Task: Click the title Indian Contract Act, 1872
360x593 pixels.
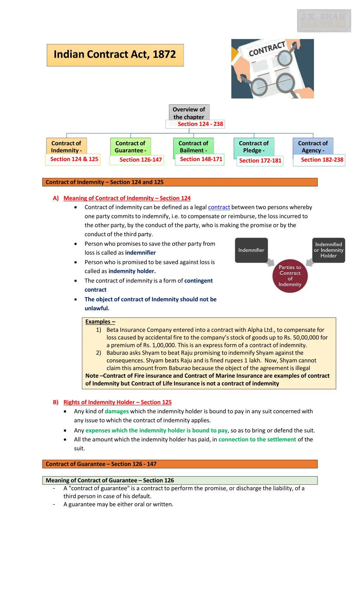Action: (115, 55)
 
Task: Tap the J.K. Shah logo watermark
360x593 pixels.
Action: (324, 21)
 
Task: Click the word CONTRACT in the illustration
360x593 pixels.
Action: (267, 49)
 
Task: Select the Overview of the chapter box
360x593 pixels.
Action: (189, 113)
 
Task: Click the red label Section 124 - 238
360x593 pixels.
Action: (200, 124)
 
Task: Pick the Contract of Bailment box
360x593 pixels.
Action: (193, 147)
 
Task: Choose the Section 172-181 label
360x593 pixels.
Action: (260, 161)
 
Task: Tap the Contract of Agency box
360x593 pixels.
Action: (313, 147)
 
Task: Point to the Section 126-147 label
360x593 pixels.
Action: (140, 160)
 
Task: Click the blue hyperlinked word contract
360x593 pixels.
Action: (219, 208)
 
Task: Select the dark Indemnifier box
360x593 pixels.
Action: (251, 250)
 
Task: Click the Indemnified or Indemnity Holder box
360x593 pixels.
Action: (328, 250)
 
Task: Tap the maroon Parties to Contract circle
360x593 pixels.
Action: (290, 276)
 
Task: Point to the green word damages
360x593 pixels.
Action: (117, 412)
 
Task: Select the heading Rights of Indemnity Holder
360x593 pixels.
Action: (117, 402)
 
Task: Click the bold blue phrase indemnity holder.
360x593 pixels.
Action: (132, 271)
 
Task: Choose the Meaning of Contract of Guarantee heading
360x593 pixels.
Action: (110, 480)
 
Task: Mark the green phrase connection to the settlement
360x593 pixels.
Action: (257, 440)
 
